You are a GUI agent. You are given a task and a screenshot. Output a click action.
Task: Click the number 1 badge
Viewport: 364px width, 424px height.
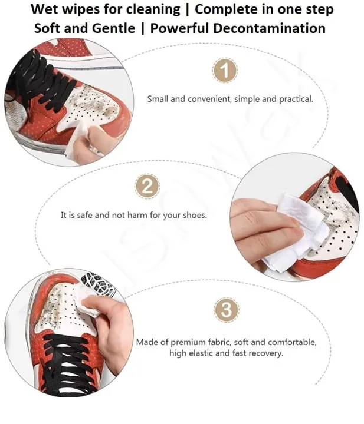click(224, 71)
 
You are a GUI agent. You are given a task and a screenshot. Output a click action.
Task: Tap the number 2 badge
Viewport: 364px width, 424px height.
click(147, 187)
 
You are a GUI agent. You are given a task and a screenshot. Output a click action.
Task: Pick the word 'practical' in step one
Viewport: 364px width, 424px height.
click(294, 99)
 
